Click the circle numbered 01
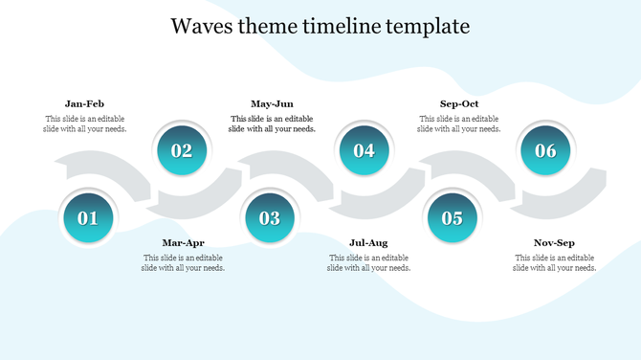click(88, 218)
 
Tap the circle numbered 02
click(182, 150)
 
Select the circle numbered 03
click(270, 218)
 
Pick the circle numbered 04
click(364, 150)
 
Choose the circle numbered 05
click(452, 218)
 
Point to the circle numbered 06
click(545, 150)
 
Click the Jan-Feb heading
click(84, 103)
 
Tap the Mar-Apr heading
click(183, 243)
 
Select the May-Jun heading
click(272, 103)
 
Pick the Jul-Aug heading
click(368, 243)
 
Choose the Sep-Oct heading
click(459, 103)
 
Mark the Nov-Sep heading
click(554, 243)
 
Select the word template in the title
click(428, 26)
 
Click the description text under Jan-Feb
click(84, 124)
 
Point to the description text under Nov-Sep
click(554, 263)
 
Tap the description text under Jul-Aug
click(368, 263)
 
